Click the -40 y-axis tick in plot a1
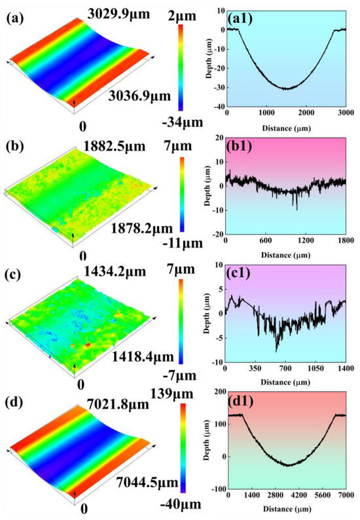coord(218,106)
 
